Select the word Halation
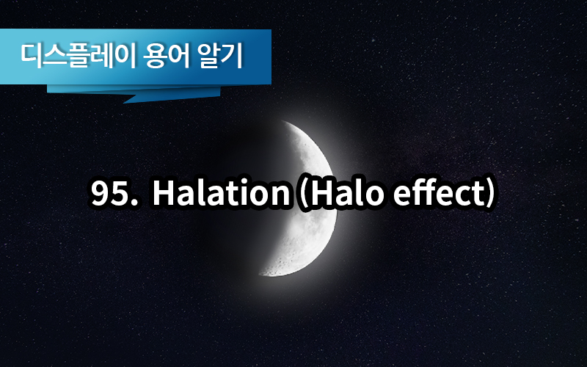(221, 192)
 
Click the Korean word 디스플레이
(78, 57)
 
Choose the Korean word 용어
(167, 57)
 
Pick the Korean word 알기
(220, 57)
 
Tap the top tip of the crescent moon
(282, 120)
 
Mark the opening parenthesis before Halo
(302, 193)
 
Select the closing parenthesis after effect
(491, 193)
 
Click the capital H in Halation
(164, 193)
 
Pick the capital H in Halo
(321, 193)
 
